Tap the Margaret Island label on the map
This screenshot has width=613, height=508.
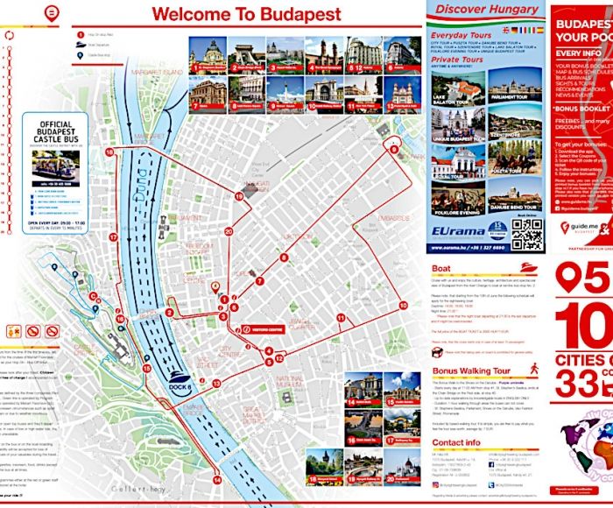(159, 71)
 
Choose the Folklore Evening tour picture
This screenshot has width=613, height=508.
(458, 203)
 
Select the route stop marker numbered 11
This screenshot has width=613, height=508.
(340, 316)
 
